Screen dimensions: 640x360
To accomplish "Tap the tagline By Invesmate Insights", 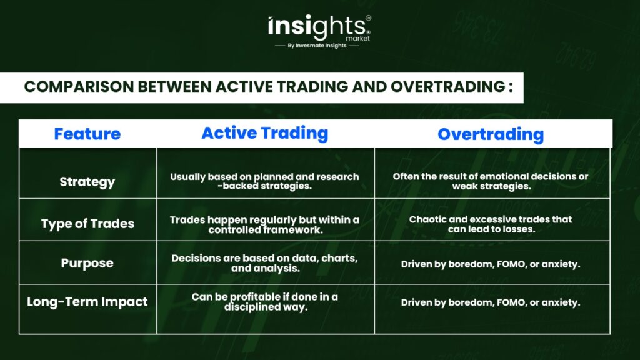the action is (317, 46).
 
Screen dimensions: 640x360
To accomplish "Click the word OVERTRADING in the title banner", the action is (447, 86).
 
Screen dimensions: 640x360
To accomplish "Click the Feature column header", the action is (87, 134).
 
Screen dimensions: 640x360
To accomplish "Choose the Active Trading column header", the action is (265, 133).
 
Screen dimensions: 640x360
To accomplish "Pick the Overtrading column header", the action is (491, 134).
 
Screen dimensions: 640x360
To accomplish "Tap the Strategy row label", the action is (87, 182).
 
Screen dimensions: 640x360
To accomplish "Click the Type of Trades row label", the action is (87, 224).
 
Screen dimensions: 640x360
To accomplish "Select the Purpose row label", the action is (87, 263).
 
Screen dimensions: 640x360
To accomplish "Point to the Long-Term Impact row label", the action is (87, 302).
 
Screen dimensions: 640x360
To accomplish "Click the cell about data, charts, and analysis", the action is (264, 263).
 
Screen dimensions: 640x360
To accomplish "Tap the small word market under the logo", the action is (358, 38).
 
